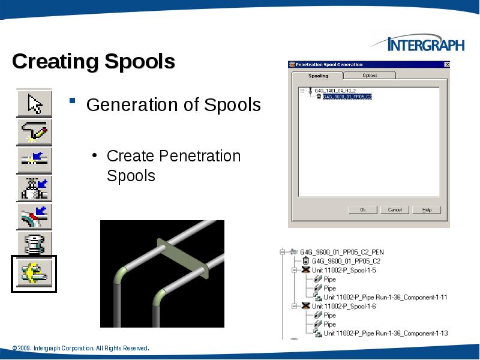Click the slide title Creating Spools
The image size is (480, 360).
pos(94,61)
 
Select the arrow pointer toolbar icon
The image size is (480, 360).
pos(34,103)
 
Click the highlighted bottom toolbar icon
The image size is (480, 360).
pos(34,274)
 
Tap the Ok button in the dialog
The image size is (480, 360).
pos(363,210)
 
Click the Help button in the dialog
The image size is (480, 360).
pos(427,210)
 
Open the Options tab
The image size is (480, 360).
pos(370,76)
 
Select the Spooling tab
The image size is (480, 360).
pos(318,76)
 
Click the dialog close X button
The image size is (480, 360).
pos(446,64)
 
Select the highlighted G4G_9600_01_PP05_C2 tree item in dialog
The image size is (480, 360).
pos(347,96)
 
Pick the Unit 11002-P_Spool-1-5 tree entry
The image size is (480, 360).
pos(344,271)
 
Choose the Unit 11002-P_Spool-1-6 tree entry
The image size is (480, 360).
pos(344,306)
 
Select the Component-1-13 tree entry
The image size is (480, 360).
pos(385,333)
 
